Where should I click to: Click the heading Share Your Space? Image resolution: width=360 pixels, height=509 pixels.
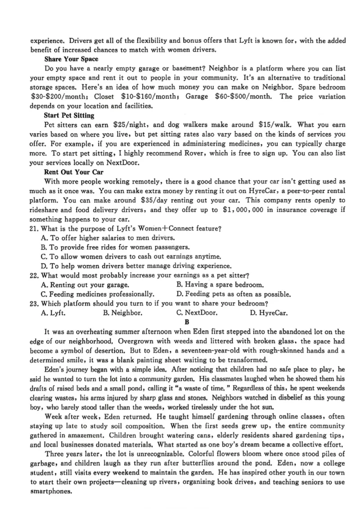(x=71, y=59)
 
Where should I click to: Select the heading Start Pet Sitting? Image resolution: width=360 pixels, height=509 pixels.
(x=69, y=116)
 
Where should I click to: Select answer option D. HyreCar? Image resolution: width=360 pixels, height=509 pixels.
(x=269, y=313)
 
